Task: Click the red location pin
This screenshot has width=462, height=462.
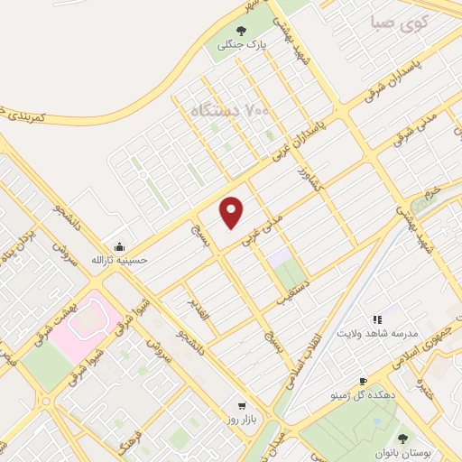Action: click(x=232, y=211)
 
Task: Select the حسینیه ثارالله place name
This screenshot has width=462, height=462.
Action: click(x=119, y=261)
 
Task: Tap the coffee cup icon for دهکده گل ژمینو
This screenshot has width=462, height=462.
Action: click(x=364, y=382)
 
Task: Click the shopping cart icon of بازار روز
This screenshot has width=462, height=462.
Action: click(x=241, y=407)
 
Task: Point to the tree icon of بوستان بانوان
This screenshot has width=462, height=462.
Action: click(x=402, y=439)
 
